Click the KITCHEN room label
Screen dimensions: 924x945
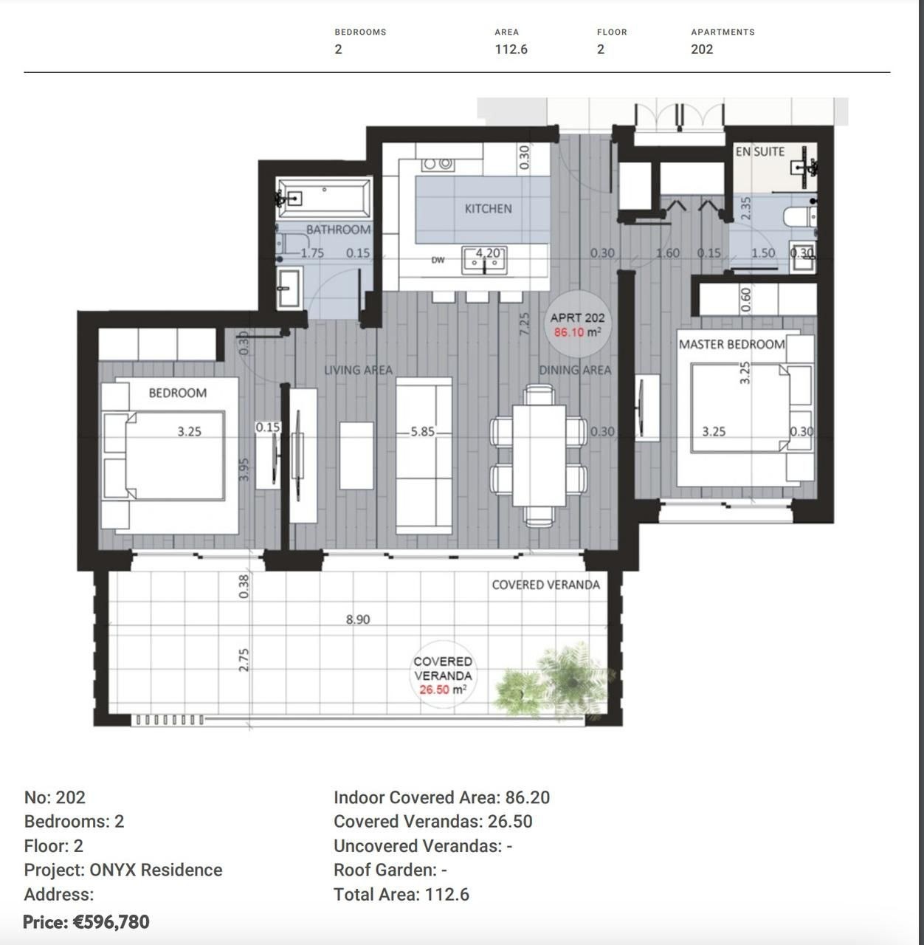point(488,209)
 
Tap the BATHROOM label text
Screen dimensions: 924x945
point(338,229)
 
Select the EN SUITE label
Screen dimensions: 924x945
point(760,151)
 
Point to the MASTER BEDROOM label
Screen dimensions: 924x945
point(731,344)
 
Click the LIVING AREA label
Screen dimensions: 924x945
point(359,370)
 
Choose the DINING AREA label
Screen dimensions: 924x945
point(575,370)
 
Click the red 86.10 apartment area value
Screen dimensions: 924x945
point(569,333)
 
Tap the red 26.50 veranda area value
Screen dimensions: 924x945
point(434,690)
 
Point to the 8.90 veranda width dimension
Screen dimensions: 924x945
point(358,619)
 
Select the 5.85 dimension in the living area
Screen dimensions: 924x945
point(422,432)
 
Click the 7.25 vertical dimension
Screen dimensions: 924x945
point(524,323)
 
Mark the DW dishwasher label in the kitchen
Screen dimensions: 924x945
point(438,260)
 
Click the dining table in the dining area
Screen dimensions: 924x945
point(539,456)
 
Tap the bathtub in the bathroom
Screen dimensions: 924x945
point(324,198)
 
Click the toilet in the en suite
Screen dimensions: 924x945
point(799,216)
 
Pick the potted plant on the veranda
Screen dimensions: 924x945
point(554,680)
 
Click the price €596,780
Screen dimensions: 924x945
point(86,921)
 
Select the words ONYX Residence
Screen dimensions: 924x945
point(156,870)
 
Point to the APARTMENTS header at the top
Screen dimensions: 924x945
point(723,32)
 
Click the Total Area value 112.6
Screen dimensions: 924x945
point(447,895)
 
